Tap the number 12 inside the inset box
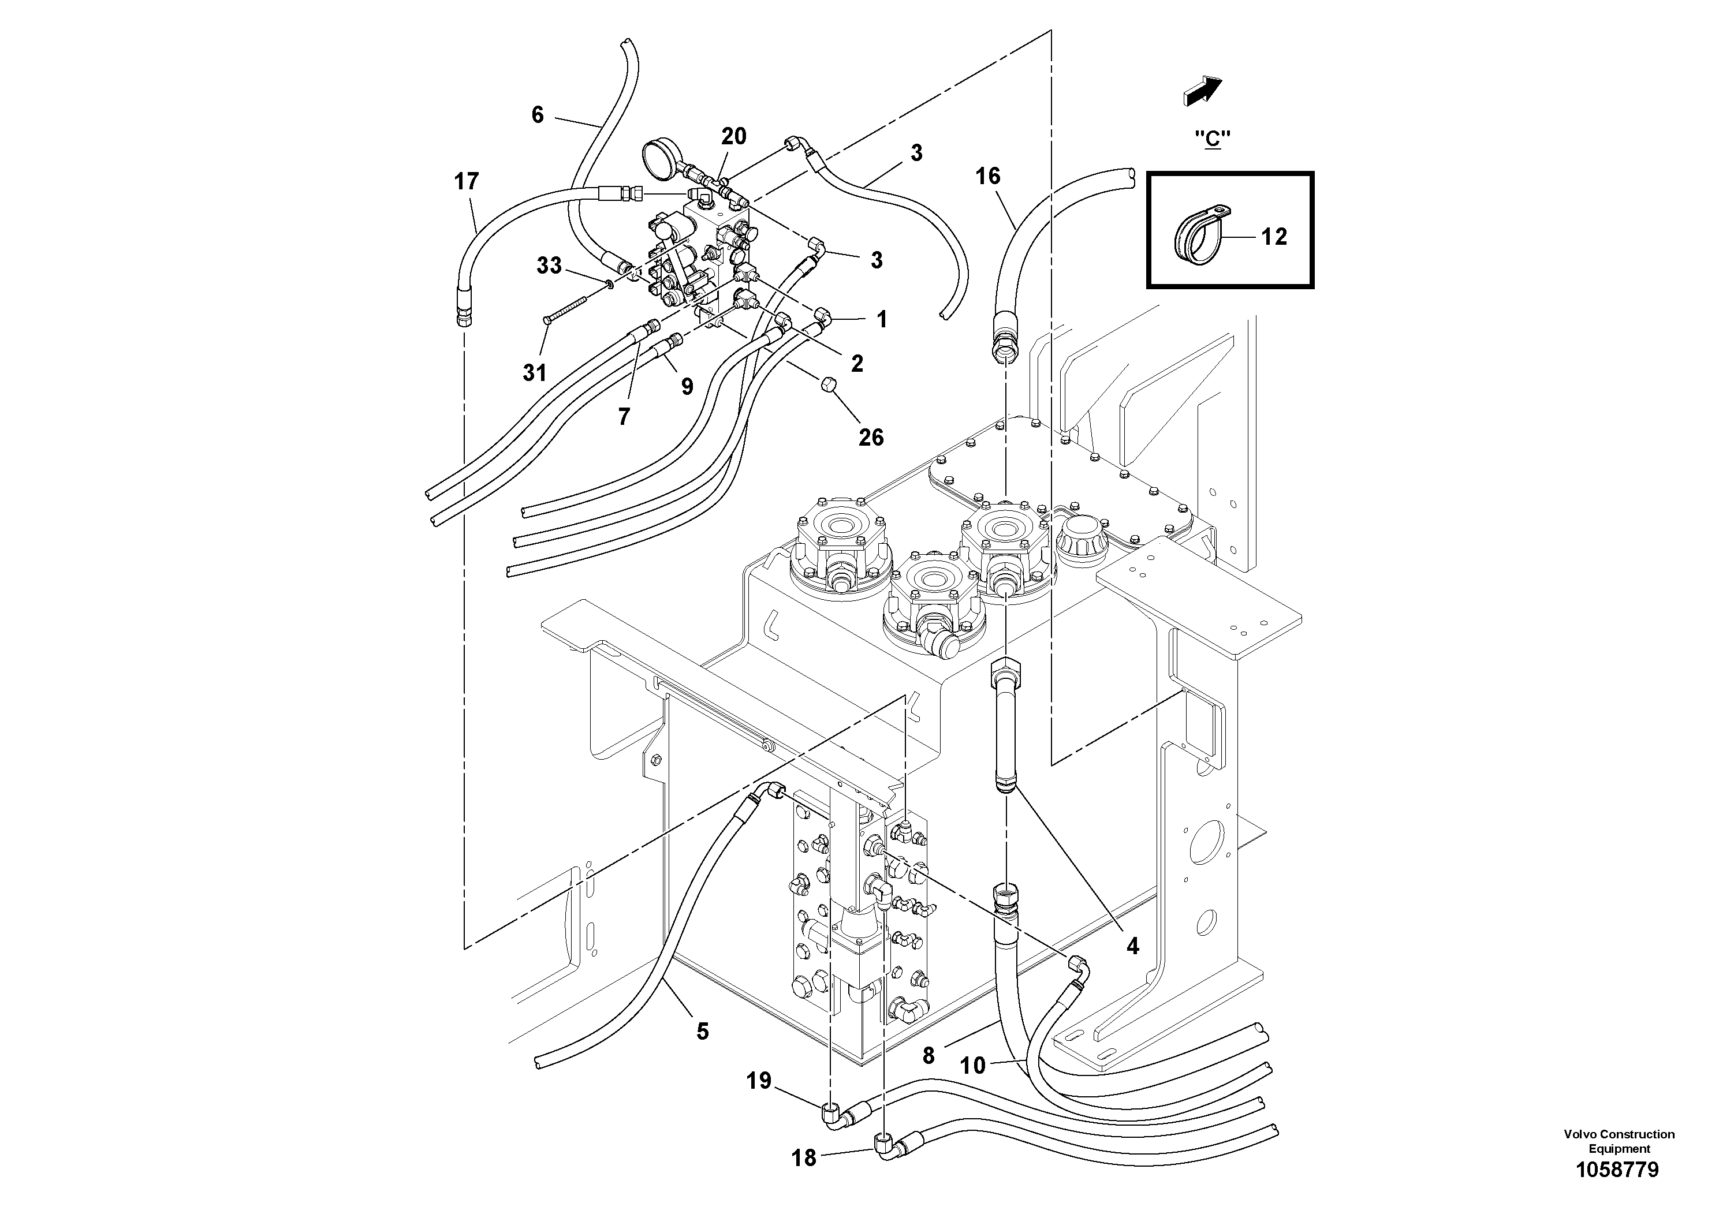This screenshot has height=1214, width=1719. [x=1274, y=237]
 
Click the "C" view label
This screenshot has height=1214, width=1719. [x=1212, y=139]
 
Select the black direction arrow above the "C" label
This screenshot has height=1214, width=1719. [x=1202, y=91]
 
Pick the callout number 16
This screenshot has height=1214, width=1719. [x=987, y=176]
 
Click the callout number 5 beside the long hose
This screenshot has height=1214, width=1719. [x=702, y=1032]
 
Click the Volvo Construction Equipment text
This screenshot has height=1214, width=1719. [x=1619, y=1141]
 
